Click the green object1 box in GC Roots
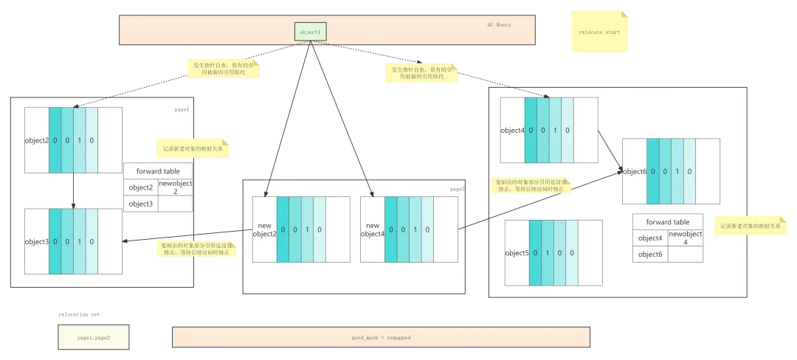tap(310, 32)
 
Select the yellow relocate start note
tap(599, 32)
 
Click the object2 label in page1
tap(36, 140)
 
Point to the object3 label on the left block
tap(36, 241)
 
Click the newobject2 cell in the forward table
tap(176, 187)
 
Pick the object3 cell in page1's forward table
tap(140, 204)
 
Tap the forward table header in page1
tap(158, 171)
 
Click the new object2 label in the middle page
tap(264, 229)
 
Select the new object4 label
tap(372, 229)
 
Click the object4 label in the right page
tap(512, 131)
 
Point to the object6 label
tap(635, 171)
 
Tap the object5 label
tap(517, 253)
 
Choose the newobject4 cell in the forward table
tap(685, 238)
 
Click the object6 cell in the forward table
tap(650, 255)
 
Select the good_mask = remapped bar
tap(381, 337)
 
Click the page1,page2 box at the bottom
tap(93, 337)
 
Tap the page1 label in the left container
tap(182, 109)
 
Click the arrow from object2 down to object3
tap(73, 190)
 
